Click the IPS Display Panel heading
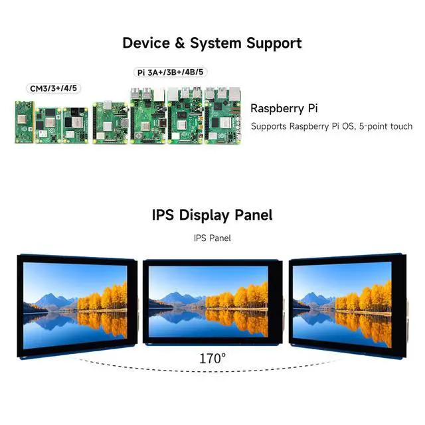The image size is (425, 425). click(x=212, y=215)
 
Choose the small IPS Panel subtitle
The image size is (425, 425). click(x=212, y=237)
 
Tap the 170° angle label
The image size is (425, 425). click(x=212, y=358)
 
